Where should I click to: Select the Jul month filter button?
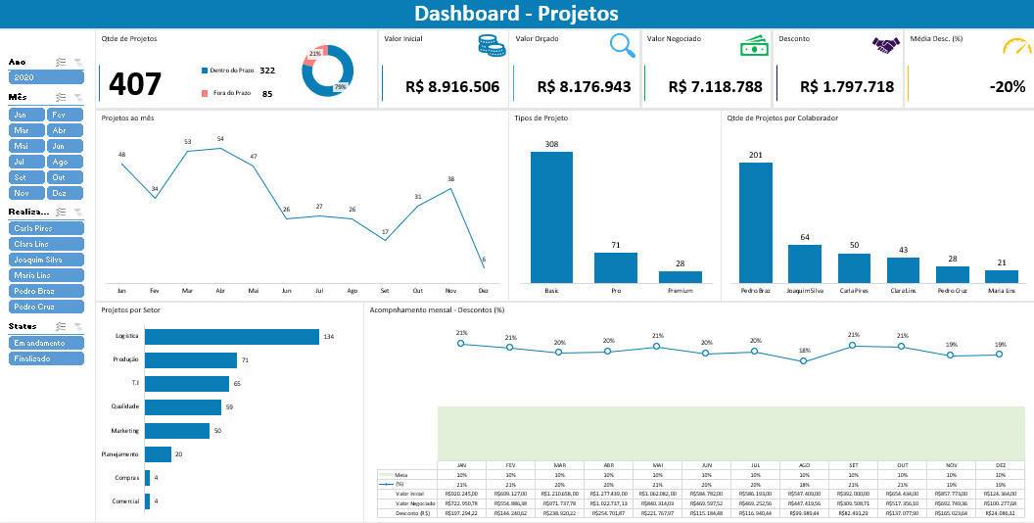pos(26,162)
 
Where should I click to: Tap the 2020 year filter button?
pos(46,76)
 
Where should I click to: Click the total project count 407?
pos(134,84)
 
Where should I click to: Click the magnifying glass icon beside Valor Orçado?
pos(621,45)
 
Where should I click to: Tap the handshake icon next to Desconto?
pos(885,45)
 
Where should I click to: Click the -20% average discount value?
pos(1007,86)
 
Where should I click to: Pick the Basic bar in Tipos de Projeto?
pos(551,216)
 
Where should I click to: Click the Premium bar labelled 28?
pos(680,276)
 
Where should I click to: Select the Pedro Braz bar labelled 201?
pos(755,222)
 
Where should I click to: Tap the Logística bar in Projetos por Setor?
pos(232,336)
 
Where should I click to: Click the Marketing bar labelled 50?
pos(177,431)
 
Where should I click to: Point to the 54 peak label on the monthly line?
pos(220,139)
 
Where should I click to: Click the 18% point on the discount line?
pos(804,360)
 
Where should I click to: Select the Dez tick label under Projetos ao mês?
pos(483,291)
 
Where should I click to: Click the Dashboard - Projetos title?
pos(516,13)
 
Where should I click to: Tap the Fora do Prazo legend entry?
pos(230,93)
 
